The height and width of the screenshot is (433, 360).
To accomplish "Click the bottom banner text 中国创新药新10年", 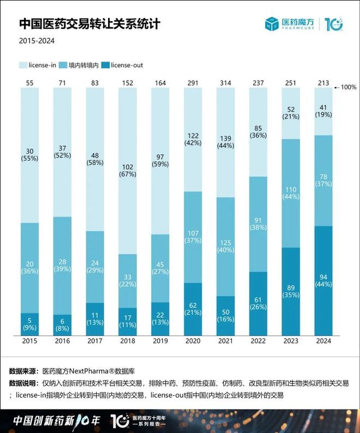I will tap(56, 421).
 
